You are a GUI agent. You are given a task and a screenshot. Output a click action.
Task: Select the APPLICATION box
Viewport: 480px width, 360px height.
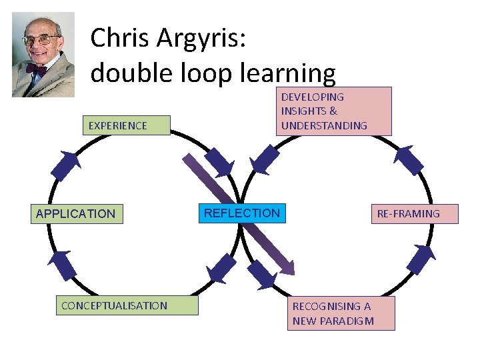click(76, 213)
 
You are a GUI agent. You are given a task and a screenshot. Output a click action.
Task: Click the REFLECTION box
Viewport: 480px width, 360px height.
click(243, 213)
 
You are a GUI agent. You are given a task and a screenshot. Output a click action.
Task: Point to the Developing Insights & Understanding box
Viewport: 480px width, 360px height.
click(333, 111)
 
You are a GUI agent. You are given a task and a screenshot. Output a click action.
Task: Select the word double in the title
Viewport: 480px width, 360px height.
click(129, 73)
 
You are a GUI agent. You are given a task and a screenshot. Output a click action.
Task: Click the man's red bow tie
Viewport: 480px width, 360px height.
click(36, 69)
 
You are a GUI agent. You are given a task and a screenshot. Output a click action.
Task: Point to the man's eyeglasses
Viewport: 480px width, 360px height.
click(40, 40)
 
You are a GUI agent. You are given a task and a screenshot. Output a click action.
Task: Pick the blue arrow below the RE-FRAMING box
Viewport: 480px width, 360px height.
click(420, 259)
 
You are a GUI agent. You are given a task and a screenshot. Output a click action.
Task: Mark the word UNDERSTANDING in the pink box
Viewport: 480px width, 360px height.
click(324, 125)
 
